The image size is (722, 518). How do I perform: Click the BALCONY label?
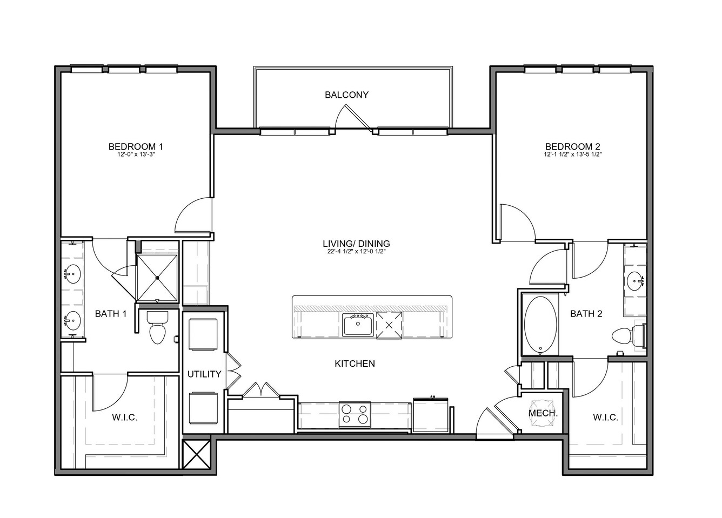click(346, 95)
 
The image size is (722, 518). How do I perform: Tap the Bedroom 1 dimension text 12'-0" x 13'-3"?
click(136, 154)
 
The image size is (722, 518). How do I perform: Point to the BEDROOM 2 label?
click(573, 146)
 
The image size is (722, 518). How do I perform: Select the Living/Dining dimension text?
click(357, 252)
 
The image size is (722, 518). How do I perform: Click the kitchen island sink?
click(358, 325)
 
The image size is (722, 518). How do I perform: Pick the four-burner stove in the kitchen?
click(355, 415)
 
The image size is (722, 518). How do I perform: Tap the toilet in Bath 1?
click(158, 327)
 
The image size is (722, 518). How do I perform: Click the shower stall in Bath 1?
click(157, 278)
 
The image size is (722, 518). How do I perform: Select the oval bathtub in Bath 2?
click(540, 325)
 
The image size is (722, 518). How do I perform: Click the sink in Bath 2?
click(636, 281)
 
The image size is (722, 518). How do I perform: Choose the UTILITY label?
click(204, 374)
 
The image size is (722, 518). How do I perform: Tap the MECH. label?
click(543, 413)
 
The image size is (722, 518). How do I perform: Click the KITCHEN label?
click(355, 364)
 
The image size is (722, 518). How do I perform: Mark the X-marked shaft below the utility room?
click(196, 454)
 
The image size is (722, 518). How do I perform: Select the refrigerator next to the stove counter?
click(431, 415)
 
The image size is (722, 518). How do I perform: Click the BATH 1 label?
click(111, 313)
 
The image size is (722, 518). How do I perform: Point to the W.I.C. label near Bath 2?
click(606, 418)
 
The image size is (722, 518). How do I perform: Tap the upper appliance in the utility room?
click(203, 334)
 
